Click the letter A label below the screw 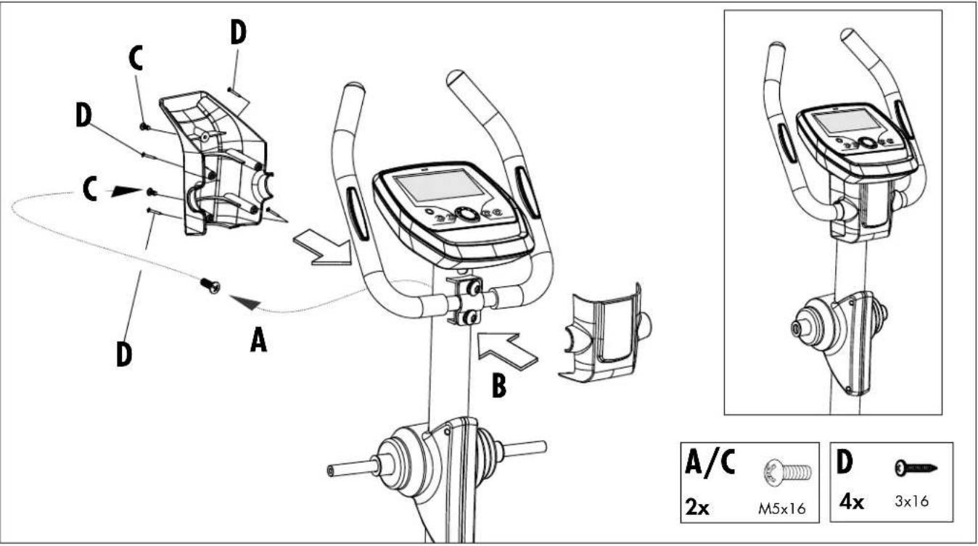pyautogui.click(x=258, y=341)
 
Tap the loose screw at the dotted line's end pyautogui.click(x=210, y=286)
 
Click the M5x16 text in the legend pyautogui.click(x=781, y=508)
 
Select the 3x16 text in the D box pyautogui.click(x=912, y=501)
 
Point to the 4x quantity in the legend pyautogui.click(x=851, y=502)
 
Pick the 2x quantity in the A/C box pyautogui.click(x=697, y=507)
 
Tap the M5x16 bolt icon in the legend pyautogui.click(x=788, y=472)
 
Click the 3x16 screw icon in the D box pyautogui.click(x=916, y=468)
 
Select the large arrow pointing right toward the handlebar pyautogui.click(x=323, y=248)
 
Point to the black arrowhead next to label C pyautogui.click(x=127, y=191)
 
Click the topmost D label pyautogui.click(x=238, y=33)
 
